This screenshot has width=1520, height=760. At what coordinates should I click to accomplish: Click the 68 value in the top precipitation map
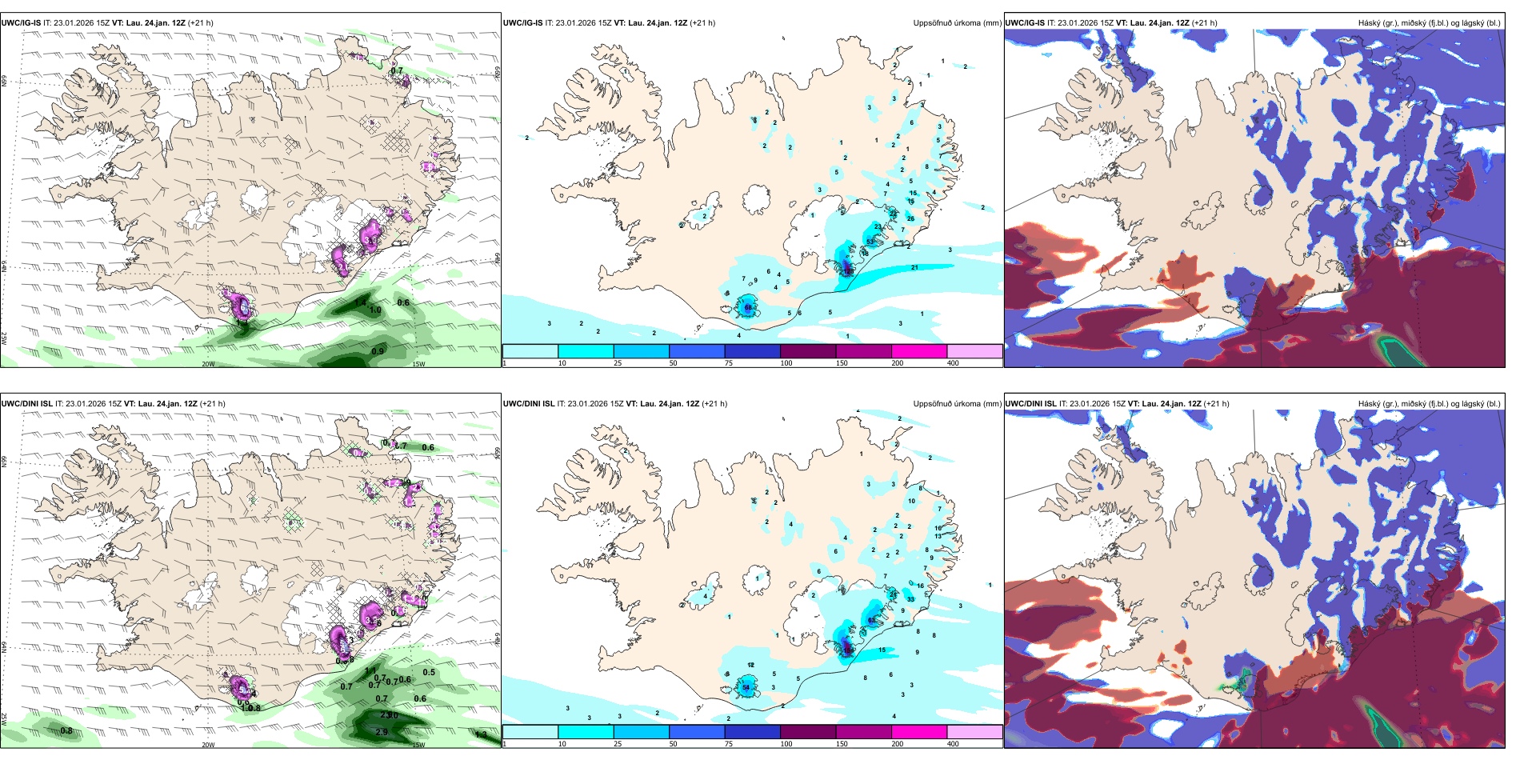tap(749, 307)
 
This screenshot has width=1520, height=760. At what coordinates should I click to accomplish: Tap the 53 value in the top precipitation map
tap(870, 242)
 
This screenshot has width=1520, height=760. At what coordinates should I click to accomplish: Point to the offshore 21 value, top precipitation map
tap(914, 268)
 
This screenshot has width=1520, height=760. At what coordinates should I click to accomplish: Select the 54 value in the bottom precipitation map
tap(746, 688)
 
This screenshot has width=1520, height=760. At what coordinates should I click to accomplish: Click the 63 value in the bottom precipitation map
tap(871, 621)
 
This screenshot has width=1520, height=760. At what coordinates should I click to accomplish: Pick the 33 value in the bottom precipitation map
tap(910, 599)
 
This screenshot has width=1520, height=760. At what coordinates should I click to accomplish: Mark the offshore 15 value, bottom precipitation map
tap(882, 650)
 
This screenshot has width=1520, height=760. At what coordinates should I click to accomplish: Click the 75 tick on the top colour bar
tap(730, 363)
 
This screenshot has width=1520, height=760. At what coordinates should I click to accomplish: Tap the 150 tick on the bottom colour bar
tap(842, 744)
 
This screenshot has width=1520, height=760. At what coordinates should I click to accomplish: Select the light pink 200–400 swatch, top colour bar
tap(974, 351)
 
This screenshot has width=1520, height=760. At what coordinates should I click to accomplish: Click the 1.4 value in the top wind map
tap(361, 303)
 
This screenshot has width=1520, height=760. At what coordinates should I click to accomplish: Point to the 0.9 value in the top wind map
tap(378, 351)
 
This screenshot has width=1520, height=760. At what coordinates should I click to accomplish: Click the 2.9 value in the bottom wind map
tap(382, 732)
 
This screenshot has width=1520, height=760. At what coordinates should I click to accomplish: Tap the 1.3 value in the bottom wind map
tap(481, 734)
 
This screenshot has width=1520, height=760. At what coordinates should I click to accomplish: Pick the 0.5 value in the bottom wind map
tap(429, 673)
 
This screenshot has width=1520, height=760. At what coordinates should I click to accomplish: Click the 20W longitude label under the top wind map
tap(208, 364)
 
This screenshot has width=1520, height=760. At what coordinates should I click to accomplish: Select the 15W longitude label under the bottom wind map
tap(418, 745)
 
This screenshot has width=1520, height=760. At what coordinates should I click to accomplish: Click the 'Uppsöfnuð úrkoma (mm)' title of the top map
tap(957, 23)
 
